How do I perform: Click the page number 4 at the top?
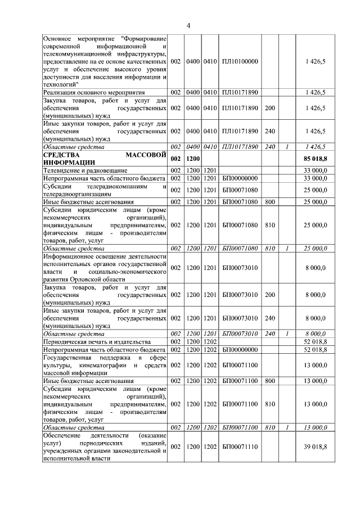189,25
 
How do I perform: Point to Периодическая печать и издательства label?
97,341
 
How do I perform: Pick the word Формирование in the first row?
145,38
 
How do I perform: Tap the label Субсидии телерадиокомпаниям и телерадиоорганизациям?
105,189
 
